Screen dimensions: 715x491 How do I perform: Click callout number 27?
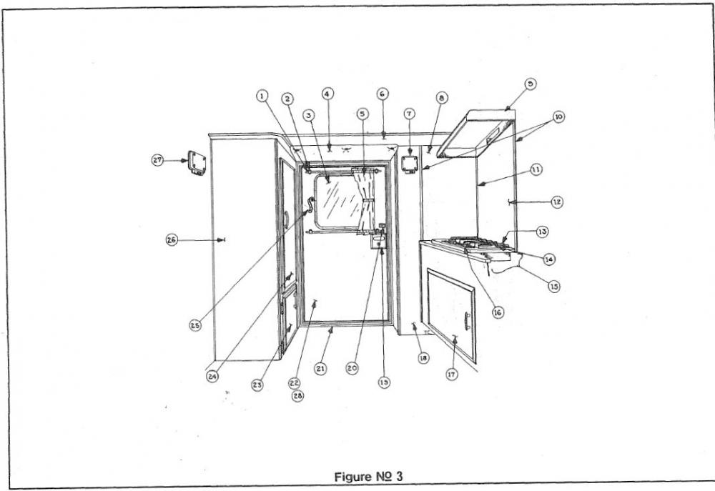157,161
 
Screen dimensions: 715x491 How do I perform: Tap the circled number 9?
529,84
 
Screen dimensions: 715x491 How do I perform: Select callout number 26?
172,240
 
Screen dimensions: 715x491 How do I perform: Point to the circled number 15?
554,287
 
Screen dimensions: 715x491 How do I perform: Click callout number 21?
320,368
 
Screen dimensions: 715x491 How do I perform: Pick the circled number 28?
297,396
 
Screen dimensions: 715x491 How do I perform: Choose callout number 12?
557,202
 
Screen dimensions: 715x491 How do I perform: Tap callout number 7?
410,114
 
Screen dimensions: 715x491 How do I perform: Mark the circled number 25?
195,325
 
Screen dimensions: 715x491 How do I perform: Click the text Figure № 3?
368,477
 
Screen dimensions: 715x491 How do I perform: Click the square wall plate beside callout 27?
197,163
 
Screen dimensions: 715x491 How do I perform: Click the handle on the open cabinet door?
466,321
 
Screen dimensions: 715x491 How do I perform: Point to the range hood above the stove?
476,132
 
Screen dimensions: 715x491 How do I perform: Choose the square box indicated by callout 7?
410,165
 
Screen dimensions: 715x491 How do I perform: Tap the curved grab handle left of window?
310,205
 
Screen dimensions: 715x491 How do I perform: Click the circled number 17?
451,375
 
